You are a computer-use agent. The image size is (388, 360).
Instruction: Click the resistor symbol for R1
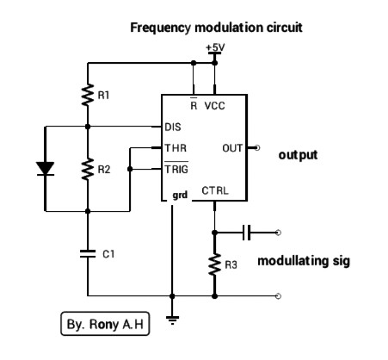pyautogui.click(x=88, y=95)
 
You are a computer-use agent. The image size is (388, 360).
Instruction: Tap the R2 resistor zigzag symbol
pyautogui.click(x=88, y=169)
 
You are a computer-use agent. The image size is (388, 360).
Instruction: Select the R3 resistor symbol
pyautogui.click(x=214, y=264)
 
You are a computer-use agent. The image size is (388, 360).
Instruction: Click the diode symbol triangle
pyautogui.click(x=45, y=168)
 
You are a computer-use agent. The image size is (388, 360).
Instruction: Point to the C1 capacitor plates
pyautogui.click(x=88, y=253)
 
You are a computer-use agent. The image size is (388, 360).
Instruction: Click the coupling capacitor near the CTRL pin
pyautogui.click(x=247, y=233)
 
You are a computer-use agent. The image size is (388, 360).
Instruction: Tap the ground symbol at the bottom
pyautogui.click(x=172, y=320)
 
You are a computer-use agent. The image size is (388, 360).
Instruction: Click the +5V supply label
pyautogui.click(x=215, y=47)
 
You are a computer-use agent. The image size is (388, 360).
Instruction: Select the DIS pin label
pyautogui.click(x=173, y=127)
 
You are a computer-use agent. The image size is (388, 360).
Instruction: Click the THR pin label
pyautogui.click(x=176, y=148)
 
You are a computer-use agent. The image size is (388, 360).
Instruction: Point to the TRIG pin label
pyautogui.click(x=176, y=169)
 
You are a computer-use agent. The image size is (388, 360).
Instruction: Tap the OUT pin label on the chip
pyautogui.click(x=232, y=148)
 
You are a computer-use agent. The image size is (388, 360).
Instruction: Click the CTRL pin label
pyautogui.click(x=215, y=190)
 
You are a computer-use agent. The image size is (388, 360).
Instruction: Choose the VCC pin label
pyautogui.click(x=215, y=106)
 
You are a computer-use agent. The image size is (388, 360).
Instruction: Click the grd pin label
pyautogui.click(x=180, y=196)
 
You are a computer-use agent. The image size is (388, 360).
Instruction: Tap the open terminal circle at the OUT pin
pyautogui.click(x=257, y=148)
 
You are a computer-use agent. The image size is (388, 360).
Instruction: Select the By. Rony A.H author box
pyautogui.click(x=105, y=324)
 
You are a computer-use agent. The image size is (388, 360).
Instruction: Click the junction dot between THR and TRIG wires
pyautogui.click(x=130, y=169)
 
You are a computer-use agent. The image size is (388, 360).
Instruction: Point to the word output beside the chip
pyautogui.click(x=298, y=155)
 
